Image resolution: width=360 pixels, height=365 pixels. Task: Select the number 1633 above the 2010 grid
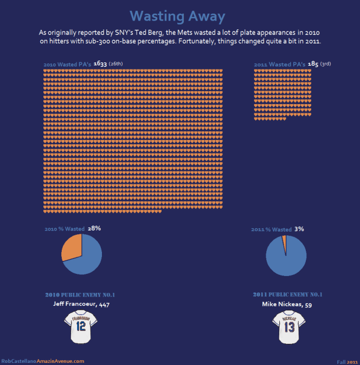100,64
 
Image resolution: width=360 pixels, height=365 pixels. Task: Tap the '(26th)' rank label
115,64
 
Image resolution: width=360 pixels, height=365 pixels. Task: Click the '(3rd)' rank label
325,64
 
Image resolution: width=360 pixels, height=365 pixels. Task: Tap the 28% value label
94,228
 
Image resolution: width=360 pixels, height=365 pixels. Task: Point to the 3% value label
299,229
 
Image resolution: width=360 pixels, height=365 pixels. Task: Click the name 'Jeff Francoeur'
74,305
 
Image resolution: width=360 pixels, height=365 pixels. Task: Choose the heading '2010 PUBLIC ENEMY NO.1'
80,295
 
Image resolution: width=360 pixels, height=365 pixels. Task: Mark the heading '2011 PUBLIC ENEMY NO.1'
288,294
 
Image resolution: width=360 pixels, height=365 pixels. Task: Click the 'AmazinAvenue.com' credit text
60,361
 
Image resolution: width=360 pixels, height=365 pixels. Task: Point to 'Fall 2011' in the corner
347,361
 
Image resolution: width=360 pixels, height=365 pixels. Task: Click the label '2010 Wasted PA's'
67,65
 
